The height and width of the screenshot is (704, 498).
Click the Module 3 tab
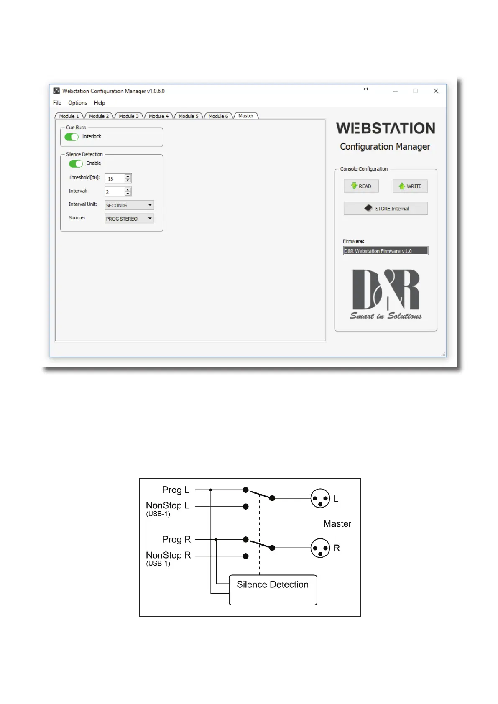[x=129, y=116]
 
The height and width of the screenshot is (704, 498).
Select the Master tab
[x=246, y=116]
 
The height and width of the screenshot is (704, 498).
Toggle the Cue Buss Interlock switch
[x=72, y=137]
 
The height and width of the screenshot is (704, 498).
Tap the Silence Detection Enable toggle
[x=76, y=163]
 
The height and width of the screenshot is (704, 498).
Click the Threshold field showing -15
[x=115, y=179]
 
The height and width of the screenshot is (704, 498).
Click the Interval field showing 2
[x=115, y=192]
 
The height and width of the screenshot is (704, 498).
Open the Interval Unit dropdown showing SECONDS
[x=129, y=205]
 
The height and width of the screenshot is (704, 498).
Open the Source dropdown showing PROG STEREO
[x=129, y=219]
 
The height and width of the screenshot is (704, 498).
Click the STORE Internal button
[x=386, y=208]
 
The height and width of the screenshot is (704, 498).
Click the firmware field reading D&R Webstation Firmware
[x=386, y=251]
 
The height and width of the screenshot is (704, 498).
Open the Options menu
[x=77, y=103]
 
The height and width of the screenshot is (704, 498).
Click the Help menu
[x=100, y=103]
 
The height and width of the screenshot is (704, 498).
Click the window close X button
[x=436, y=91]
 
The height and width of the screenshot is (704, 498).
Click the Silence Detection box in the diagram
[x=273, y=589]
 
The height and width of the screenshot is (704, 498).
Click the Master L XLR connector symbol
[x=320, y=498]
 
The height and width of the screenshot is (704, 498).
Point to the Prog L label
[x=176, y=490]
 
